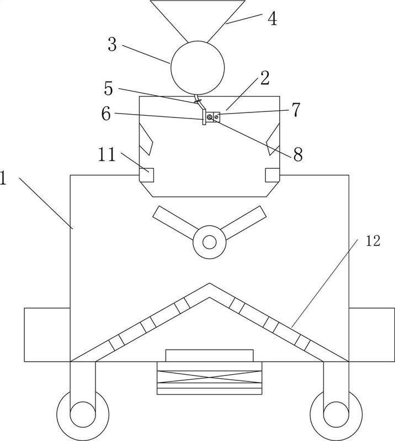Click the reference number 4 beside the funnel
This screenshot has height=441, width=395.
click(x=272, y=19)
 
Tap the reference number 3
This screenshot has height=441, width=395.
click(x=113, y=45)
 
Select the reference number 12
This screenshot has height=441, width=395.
click(x=373, y=241)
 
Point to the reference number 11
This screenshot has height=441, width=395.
click(x=107, y=154)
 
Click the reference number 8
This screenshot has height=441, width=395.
click(x=298, y=154)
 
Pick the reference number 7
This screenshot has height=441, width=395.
click(x=296, y=110)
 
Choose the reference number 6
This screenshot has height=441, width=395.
click(x=106, y=114)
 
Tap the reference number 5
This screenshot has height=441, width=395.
click(x=108, y=89)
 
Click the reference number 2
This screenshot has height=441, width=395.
click(x=265, y=78)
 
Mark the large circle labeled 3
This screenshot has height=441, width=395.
click(x=197, y=68)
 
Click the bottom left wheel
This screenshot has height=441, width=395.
click(x=83, y=415)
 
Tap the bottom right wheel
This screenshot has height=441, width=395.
click(x=336, y=415)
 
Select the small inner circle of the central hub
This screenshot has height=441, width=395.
click(x=209, y=242)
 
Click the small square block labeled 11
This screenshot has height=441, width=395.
click(x=146, y=175)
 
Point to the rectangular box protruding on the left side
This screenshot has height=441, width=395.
click(x=47, y=335)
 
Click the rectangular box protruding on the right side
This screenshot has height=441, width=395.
click(x=372, y=335)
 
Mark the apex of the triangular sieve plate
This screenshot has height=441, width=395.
click(x=210, y=283)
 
